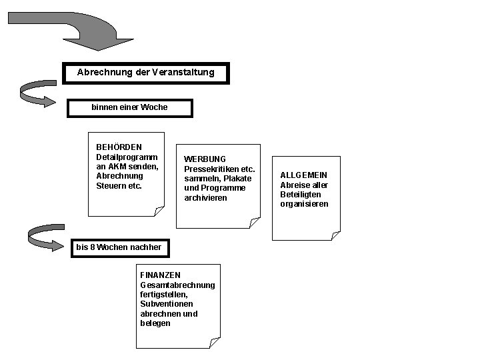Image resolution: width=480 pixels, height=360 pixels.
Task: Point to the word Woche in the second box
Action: (155, 107)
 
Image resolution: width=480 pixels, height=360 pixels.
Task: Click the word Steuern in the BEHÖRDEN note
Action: (111, 185)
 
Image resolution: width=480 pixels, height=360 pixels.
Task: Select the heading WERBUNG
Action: (205, 159)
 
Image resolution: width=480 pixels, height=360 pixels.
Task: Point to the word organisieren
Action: (304, 204)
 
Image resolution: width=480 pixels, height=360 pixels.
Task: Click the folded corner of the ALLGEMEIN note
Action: (335, 235)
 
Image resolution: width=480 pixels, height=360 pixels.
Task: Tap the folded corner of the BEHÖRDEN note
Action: (159, 211)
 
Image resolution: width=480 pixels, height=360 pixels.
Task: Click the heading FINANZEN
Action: (160, 275)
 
